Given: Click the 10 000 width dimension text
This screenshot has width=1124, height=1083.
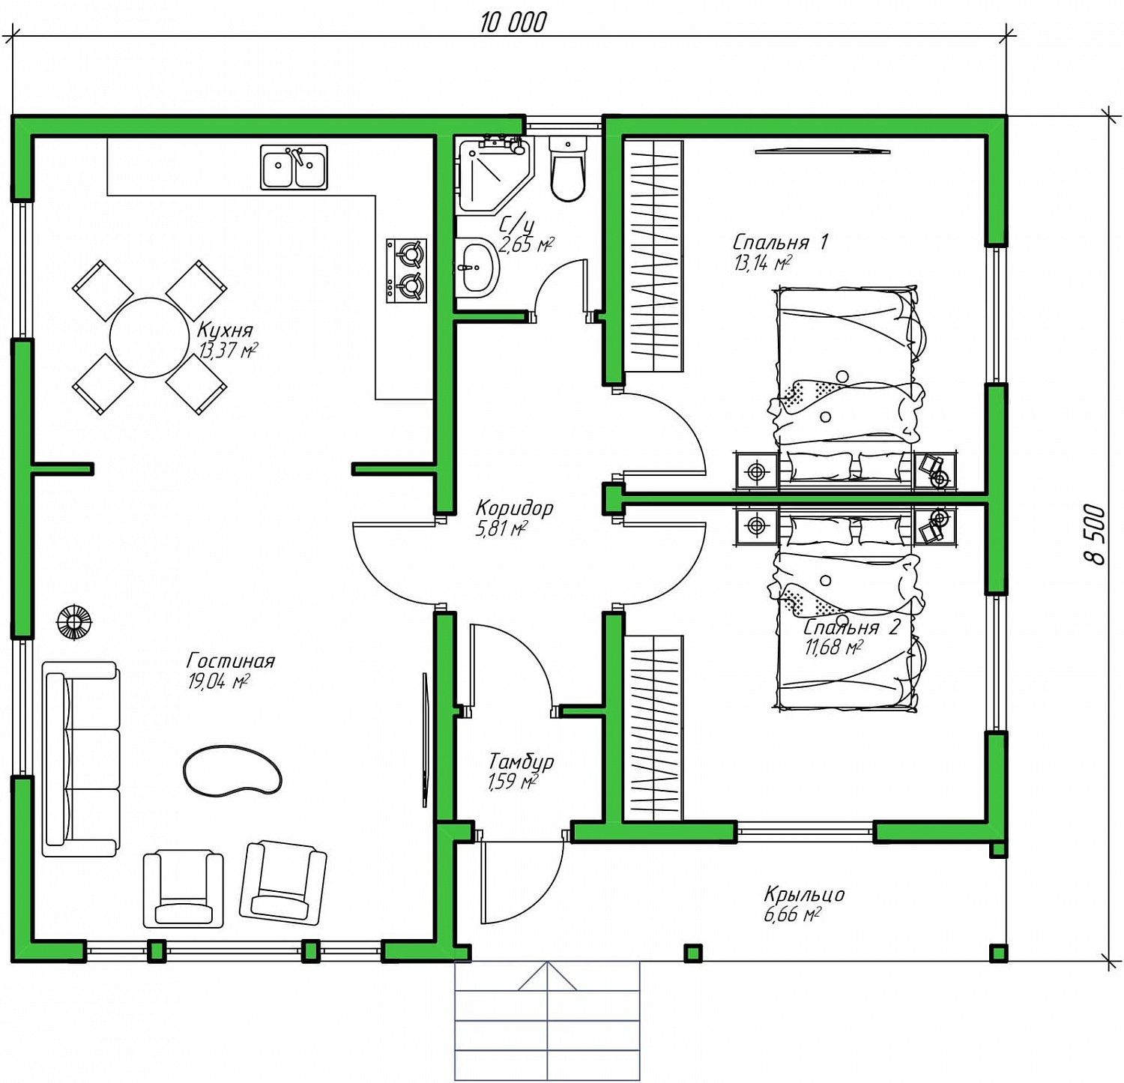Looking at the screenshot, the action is (x=513, y=22).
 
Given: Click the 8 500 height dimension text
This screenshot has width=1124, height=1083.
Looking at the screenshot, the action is (x=1095, y=534).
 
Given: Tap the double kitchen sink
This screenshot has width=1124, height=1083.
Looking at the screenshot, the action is (x=294, y=167).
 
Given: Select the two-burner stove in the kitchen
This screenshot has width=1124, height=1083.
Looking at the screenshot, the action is (x=406, y=271).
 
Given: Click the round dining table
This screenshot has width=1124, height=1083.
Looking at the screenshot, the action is (x=150, y=337).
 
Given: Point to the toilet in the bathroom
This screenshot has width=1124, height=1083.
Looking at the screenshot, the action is (x=567, y=169).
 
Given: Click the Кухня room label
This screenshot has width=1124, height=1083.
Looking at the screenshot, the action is (x=225, y=330).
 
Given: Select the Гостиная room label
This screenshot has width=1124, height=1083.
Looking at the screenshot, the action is (x=231, y=660).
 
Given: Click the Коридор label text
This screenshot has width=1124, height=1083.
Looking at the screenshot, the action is (x=514, y=507).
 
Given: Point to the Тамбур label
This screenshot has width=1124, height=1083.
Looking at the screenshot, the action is (x=521, y=761).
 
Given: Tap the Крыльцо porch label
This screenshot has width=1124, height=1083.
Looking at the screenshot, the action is (x=804, y=893).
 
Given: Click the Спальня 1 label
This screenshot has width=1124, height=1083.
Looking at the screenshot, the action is (x=780, y=241).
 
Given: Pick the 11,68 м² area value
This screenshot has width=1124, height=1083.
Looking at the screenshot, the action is (x=833, y=647).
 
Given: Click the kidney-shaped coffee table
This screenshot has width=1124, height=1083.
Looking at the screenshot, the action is (x=232, y=770).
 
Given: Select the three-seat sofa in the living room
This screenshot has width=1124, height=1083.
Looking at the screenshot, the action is (x=81, y=758).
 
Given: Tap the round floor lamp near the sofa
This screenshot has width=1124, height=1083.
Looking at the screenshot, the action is (x=74, y=621).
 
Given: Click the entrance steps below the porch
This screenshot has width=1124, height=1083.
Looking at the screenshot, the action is (x=548, y=1021).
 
